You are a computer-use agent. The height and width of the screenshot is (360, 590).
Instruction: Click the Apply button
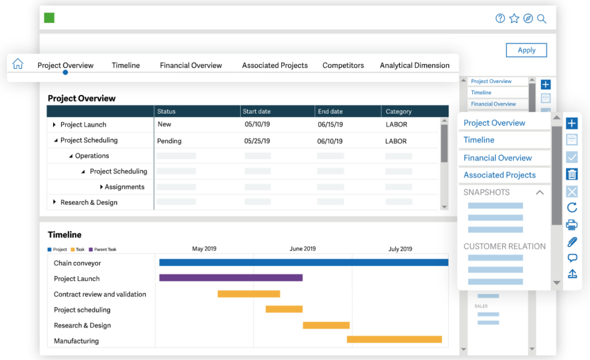pos(526,50)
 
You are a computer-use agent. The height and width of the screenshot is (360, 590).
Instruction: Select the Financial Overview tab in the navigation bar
pos(191,66)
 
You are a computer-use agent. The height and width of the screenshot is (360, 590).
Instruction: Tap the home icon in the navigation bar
pos(18,64)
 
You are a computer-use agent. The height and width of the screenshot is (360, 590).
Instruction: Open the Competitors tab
pos(343,66)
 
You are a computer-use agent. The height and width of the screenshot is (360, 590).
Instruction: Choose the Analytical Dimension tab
pos(414,66)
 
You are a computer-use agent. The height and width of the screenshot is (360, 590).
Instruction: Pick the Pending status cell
pos(169,141)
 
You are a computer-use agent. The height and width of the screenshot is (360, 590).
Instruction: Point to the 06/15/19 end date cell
pos(330,124)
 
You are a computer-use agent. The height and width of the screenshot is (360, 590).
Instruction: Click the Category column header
pos(399,111)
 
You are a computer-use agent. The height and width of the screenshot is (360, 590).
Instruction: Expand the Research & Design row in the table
pos(55,202)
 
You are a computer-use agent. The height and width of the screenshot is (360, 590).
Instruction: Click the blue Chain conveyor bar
pos(303,263)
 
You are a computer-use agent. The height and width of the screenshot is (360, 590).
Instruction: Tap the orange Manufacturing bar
pos(394,340)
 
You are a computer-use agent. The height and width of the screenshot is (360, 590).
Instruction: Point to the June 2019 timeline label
pos(302,249)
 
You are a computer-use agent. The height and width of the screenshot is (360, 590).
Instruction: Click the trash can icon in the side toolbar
pos(572,174)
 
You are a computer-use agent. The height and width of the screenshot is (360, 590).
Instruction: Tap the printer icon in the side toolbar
pos(572,225)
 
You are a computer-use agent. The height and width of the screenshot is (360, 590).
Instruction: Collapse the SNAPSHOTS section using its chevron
pos(540,192)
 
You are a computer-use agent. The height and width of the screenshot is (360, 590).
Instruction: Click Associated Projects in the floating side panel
pos(500,175)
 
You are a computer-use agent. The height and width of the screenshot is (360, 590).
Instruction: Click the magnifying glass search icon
pos(542,18)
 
